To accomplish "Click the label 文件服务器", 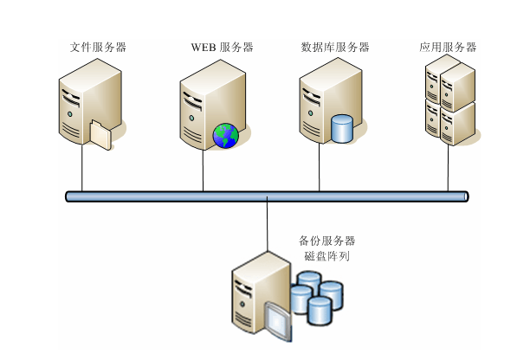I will [x=98, y=47].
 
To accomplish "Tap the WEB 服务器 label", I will [x=222, y=47].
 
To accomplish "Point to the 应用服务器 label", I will [x=447, y=47].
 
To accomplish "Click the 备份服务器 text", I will [x=326, y=241].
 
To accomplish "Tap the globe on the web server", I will [x=225, y=135].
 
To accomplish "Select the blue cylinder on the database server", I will [x=342, y=128].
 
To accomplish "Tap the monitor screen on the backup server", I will [x=276, y=319].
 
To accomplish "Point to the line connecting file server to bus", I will [x=82, y=169].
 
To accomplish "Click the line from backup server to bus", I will [x=268, y=227].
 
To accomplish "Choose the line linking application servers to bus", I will [x=448, y=169].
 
